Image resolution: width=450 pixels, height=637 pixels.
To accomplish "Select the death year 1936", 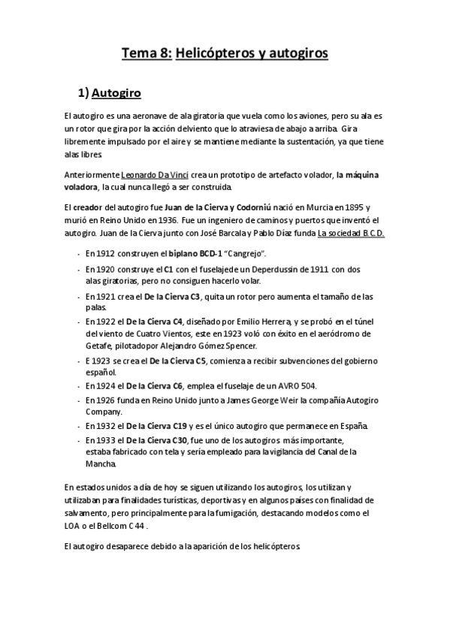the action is click(x=164, y=219).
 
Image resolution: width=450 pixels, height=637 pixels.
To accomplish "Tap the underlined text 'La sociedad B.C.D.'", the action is click(x=352, y=233).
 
